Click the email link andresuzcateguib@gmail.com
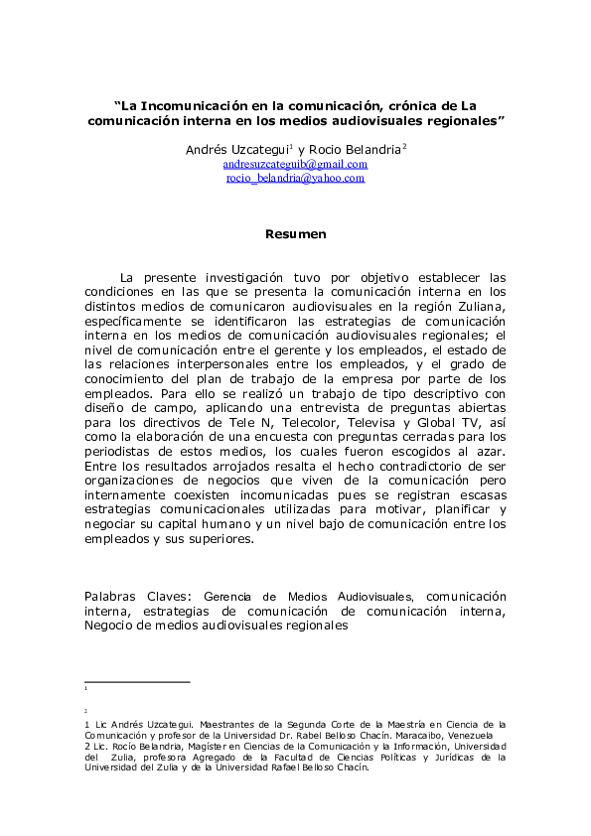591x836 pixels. point(295,164)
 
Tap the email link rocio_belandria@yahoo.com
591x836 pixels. point(295,178)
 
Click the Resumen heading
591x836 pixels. point(295,234)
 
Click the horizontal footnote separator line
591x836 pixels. point(137,682)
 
